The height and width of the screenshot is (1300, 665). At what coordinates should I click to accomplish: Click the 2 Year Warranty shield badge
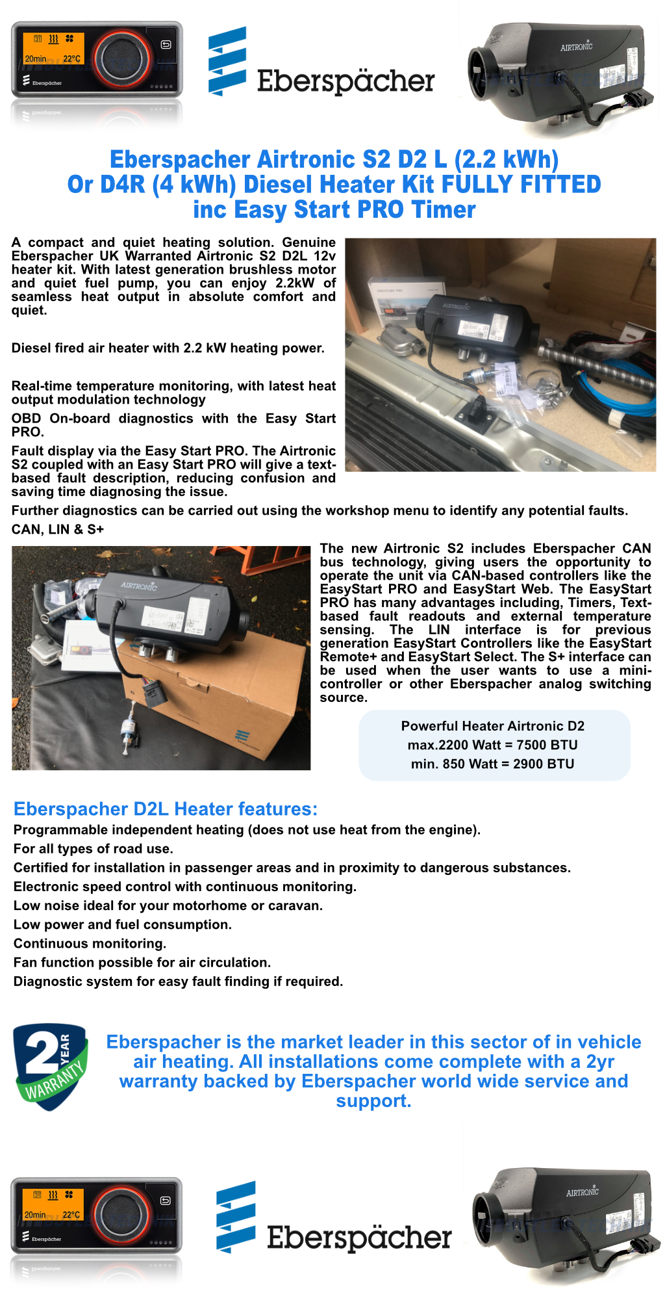coord(51,1066)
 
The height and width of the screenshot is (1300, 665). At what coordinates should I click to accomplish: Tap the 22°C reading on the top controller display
coord(72,59)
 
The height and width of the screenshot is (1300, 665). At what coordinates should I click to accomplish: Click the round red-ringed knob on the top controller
coord(121,59)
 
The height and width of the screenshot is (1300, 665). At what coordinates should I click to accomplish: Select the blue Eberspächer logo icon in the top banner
coord(227,60)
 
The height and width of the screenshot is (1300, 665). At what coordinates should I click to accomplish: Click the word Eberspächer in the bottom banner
coord(359,1237)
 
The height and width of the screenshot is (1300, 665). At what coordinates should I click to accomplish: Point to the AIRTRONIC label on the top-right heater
coord(576,47)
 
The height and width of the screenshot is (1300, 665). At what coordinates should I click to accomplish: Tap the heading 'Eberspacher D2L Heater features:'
coord(166,809)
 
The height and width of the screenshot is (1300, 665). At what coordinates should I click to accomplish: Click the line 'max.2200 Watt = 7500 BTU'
coord(492,745)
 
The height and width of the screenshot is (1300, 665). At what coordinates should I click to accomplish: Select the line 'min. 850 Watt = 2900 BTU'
coord(492,764)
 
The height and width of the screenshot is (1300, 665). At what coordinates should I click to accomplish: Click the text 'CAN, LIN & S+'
coord(58,529)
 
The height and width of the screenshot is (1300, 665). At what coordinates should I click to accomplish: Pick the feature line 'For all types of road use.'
coord(93,848)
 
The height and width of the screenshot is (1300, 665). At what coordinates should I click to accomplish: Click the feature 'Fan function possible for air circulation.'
coord(142,962)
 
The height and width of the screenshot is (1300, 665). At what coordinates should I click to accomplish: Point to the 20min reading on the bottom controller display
coord(35,1214)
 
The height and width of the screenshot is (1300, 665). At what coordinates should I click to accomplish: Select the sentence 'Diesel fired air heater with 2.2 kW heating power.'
coord(168,348)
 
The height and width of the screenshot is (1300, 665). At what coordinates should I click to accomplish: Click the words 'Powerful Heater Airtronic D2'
coord(492,726)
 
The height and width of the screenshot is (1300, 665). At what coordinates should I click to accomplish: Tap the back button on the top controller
coord(166,45)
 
